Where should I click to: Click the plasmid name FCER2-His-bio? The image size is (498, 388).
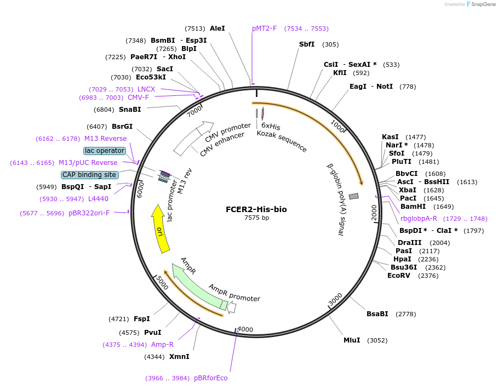click(256, 209)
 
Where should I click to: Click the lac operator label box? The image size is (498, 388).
click(105, 151)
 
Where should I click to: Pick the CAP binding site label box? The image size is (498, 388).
click(89, 175)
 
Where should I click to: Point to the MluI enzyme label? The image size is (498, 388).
click(352, 340)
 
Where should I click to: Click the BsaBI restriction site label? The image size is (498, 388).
click(377, 314)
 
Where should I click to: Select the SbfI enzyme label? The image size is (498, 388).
click(307, 44)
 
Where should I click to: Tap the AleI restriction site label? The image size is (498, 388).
click(217, 28)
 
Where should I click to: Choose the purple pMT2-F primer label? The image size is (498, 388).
click(265, 28)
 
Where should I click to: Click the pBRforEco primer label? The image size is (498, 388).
click(210, 378)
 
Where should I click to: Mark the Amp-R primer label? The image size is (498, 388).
click(162, 345)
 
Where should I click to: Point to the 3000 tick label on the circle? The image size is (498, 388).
click(335, 300)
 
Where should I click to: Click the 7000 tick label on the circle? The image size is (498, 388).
click(194, 112)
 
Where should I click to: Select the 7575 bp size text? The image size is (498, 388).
click(256, 218)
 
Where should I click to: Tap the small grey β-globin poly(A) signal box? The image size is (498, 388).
click(353, 196)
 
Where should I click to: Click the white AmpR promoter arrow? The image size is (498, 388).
click(231, 308)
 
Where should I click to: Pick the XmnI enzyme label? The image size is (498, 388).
click(179, 357)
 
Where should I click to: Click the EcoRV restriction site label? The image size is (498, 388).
click(398, 276)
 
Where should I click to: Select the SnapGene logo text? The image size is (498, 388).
click(480, 4)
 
